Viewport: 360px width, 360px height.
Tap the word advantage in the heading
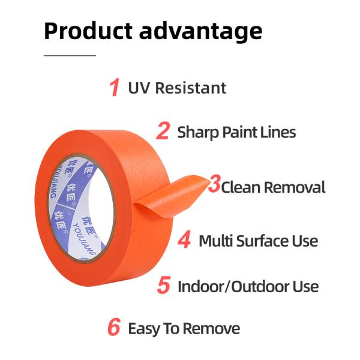(201, 31)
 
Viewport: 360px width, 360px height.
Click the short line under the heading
(70, 55)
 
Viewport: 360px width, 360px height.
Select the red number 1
(114, 88)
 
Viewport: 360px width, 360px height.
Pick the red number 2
(163, 131)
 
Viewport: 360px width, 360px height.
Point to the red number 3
(214, 185)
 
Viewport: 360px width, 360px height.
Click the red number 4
(185, 241)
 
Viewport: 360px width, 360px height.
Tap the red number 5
(163, 286)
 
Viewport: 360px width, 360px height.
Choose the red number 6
(114, 328)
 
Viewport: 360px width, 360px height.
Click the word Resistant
(190, 88)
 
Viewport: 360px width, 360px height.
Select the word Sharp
(196, 132)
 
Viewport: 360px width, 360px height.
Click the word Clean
(241, 187)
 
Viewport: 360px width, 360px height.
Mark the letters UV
(139, 88)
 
